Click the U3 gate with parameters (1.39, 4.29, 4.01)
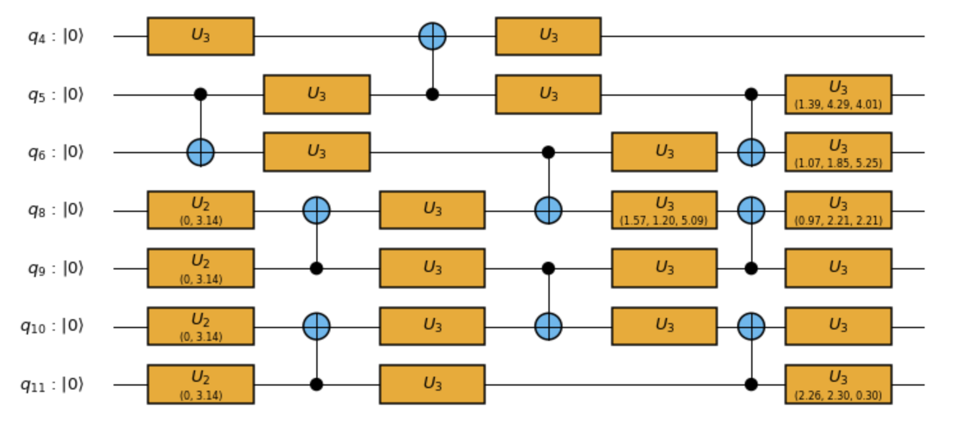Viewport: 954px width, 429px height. click(838, 94)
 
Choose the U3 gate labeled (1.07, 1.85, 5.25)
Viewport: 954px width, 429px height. click(838, 153)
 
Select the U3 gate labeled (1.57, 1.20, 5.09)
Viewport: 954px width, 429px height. click(664, 211)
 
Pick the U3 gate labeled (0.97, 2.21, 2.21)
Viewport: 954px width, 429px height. click(838, 211)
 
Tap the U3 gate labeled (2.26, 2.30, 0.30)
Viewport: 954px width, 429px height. click(838, 385)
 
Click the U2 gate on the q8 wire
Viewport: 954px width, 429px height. click(200, 211)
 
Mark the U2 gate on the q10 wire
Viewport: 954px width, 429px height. click(200, 327)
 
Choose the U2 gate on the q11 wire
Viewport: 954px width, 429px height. click(200, 385)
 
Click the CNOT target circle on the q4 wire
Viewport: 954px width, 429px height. click(432, 36)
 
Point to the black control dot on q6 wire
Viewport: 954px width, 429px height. click(548, 153)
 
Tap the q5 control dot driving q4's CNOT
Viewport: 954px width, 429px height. click(432, 94)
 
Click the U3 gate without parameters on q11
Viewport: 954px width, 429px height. click(432, 385)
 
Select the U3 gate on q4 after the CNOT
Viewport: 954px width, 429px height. click(548, 36)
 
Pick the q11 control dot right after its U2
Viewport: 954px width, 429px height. click(316, 385)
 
